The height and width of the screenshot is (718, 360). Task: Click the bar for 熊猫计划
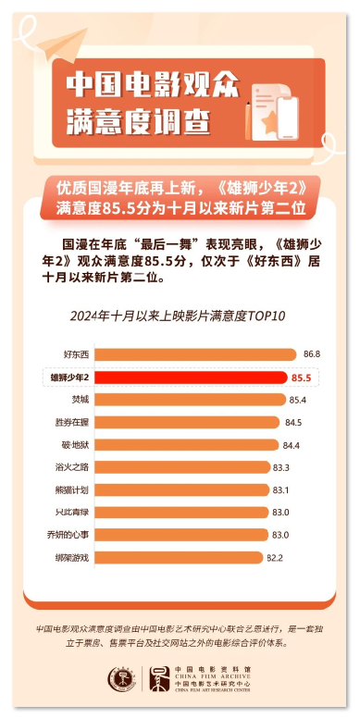[x=181, y=489]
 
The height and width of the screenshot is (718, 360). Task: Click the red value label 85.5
[x=300, y=378]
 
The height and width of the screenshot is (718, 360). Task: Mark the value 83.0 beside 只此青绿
[x=281, y=512]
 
